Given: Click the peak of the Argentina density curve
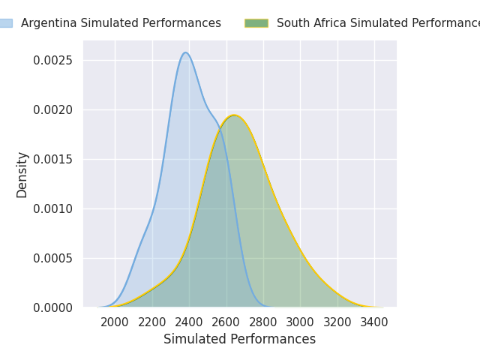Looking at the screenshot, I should [x=185, y=52].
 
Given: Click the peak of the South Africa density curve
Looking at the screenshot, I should [x=234, y=115].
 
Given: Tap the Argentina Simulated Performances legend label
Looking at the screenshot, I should [x=121, y=23].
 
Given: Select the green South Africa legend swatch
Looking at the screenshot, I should [x=256, y=23].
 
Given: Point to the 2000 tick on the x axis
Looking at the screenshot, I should [x=115, y=322].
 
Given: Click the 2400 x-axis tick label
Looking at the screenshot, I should [x=189, y=322].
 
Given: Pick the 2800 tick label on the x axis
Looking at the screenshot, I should [x=263, y=322].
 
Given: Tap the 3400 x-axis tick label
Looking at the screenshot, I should [x=374, y=322].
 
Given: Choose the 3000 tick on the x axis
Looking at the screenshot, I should [x=300, y=322].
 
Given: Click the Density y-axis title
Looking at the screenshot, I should [x=22, y=174].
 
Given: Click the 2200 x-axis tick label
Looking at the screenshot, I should [x=152, y=322].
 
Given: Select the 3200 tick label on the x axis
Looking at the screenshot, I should [x=337, y=322].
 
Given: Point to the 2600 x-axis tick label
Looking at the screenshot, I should [x=226, y=322].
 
